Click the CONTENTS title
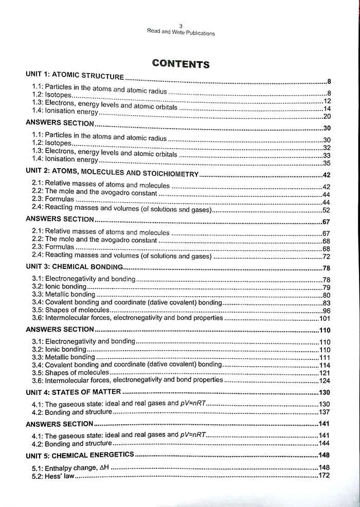(x=181, y=64)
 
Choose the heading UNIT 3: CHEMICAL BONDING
(x=75, y=267)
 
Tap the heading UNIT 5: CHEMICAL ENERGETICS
(x=80, y=455)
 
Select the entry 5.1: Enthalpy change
(x=71, y=467)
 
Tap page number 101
(x=325, y=319)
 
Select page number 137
(x=324, y=412)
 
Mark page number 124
(x=325, y=381)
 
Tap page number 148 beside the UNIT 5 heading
(x=324, y=456)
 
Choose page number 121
(x=325, y=373)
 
